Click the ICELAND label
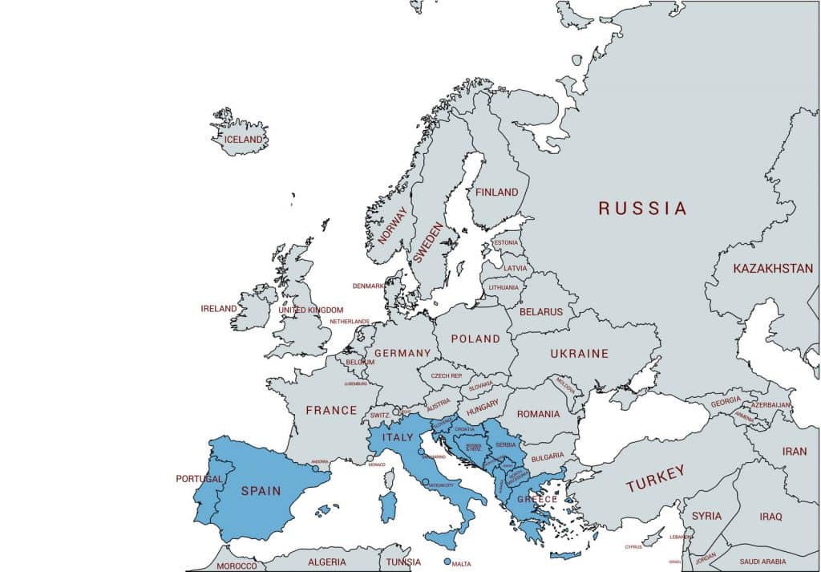244,140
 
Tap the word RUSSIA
642,209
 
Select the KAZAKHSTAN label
773,269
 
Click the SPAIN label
261,490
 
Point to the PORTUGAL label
199,479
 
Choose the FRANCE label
331,410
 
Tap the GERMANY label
402,353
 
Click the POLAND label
475,339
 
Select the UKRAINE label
579,354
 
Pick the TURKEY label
656,479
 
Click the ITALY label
398,437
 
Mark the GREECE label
536,499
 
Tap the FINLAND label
497,193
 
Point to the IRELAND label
219,309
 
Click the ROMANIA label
538,414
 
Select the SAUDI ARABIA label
763,562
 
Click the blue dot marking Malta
447,562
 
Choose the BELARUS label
541,311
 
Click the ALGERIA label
327,562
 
